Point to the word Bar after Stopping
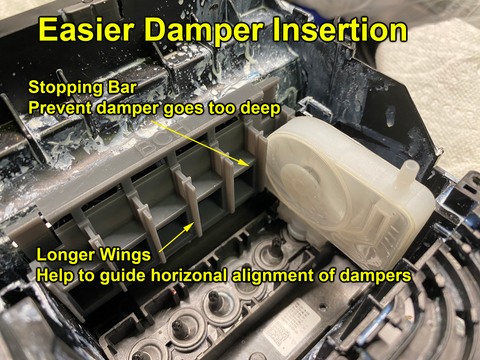tap(122, 87)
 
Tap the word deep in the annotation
tap(260, 109)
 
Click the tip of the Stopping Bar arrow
tap(248, 165)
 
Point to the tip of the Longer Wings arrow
tap(194, 222)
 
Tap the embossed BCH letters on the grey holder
tap(162, 140)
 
